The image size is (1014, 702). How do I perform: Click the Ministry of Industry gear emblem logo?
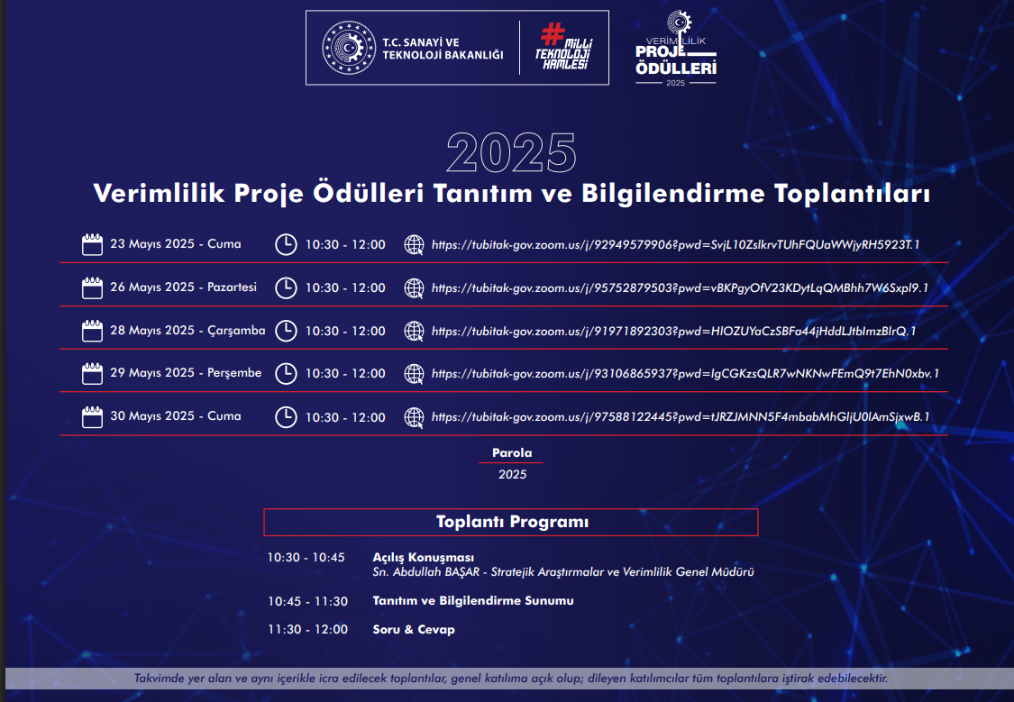pyautogui.click(x=349, y=48)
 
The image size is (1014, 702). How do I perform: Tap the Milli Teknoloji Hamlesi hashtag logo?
pyautogui.click(x=564, y=47)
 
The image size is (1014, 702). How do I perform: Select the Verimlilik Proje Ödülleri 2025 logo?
pyautogui.click(x=676, y=49)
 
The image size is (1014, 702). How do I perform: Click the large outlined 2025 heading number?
pyautogui.click(x=511, y=153)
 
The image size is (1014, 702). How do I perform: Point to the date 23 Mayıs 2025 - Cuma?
pyautogui.click(x=175, y=243)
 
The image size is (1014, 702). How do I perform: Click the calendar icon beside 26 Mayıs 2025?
pyautogui.click(x=92, y=287)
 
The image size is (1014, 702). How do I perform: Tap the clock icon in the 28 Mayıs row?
pyautogui.click(x=286, y=331)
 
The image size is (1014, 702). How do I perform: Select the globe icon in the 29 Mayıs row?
pyautogui.click(x=414, y=374)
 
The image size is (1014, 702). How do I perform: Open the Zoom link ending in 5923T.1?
pyautogui.click(x=675, y=245)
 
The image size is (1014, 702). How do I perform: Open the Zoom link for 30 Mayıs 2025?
pyautogui.click(x=681, y=417)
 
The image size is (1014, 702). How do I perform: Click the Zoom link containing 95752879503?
pyautogui.click(x=680, y=288)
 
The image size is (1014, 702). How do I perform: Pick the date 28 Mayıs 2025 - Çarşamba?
pyautogui.click(x=187, y=331)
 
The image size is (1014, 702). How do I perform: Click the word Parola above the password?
pyautogui.click(x=512, y=452)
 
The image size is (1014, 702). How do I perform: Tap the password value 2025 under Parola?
pyautogui.click(x=512, y=475)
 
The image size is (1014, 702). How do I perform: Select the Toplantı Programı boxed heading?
pyautogui.click(x=511, y=523)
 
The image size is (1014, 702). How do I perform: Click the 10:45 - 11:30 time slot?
pyautogui.click(x=308, y=601)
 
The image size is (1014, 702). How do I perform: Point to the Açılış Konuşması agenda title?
pyautogui.click(x=423, y=557)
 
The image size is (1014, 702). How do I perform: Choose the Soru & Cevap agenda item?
pyautogui.click(x=413, y=630)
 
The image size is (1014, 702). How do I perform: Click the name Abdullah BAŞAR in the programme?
pyautogui.click(x=436, y=572)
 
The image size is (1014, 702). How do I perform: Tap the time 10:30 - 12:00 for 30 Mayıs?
pyautogui.click(x=345, y=417)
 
